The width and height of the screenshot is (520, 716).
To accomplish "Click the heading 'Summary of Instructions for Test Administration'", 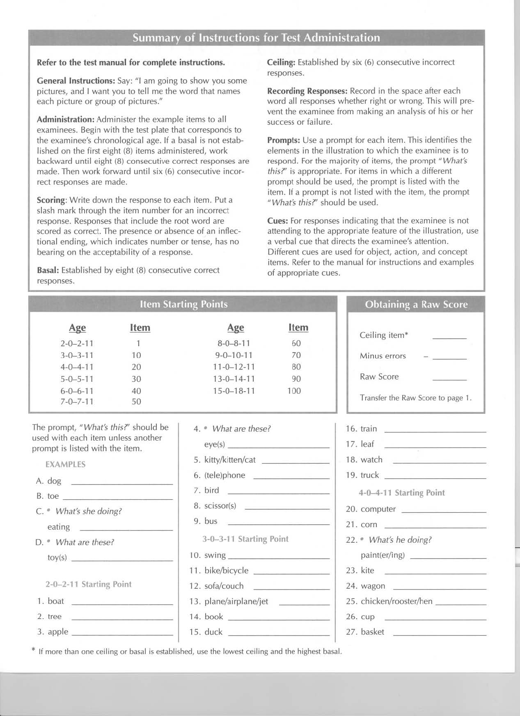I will tap(256, 38).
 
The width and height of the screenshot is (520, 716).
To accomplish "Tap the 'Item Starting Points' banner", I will tap(183, 304).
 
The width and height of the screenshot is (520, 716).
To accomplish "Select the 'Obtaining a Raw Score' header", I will tap(416, 305).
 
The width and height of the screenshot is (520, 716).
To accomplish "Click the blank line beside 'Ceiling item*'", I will tap(449, 337).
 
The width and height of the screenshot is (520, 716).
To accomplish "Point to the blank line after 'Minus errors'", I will tap(449, 358).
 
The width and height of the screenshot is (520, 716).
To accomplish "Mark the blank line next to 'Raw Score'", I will tap(449, 379).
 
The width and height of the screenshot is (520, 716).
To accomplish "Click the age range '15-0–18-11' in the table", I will tap(234, 391).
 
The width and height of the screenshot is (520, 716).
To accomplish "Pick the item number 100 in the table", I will tap(294, 391).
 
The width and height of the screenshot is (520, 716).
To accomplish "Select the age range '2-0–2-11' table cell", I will tap(77, 344).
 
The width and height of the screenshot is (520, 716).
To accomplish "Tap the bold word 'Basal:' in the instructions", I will tap(48, 270).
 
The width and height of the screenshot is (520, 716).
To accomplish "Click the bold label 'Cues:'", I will tap(277, 221).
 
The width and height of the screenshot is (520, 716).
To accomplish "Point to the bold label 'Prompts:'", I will tap(284, 140).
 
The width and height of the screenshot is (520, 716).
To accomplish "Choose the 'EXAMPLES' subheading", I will tap(66, 464).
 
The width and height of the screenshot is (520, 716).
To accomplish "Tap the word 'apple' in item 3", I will tap(58, 632).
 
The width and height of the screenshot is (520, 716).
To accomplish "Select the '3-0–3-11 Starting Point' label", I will tap(245, 539).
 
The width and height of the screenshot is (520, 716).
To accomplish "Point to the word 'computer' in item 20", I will tap(378, 509).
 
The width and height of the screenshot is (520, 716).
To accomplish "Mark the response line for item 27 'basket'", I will tap(439, 635).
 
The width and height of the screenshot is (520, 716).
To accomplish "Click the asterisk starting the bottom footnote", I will tap(33, 650).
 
